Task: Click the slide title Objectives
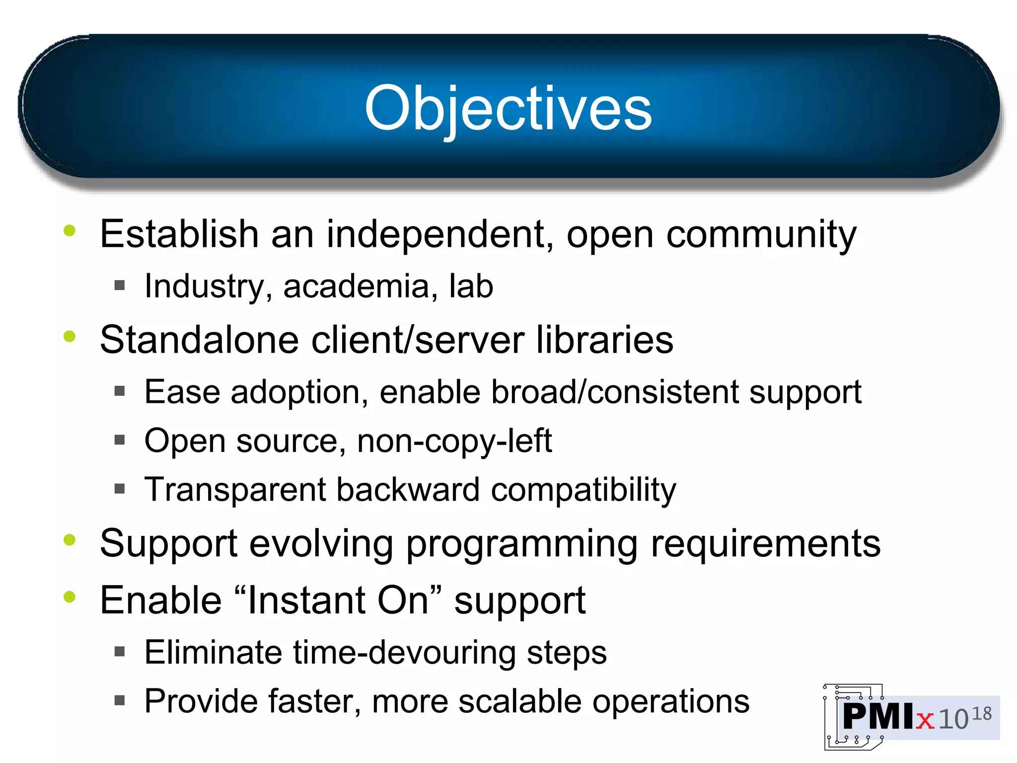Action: pos(508,108)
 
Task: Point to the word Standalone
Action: pos(199,340)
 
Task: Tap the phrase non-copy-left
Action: pos(454,441)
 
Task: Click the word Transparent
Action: pos(234,490)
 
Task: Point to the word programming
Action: pos(521,544)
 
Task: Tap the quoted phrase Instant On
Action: pos(338,600)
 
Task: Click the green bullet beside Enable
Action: pos(70,597)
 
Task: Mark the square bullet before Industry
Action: pos(119,285)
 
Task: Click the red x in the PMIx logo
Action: pos(925,720)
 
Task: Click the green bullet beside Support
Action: pos(70,540)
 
